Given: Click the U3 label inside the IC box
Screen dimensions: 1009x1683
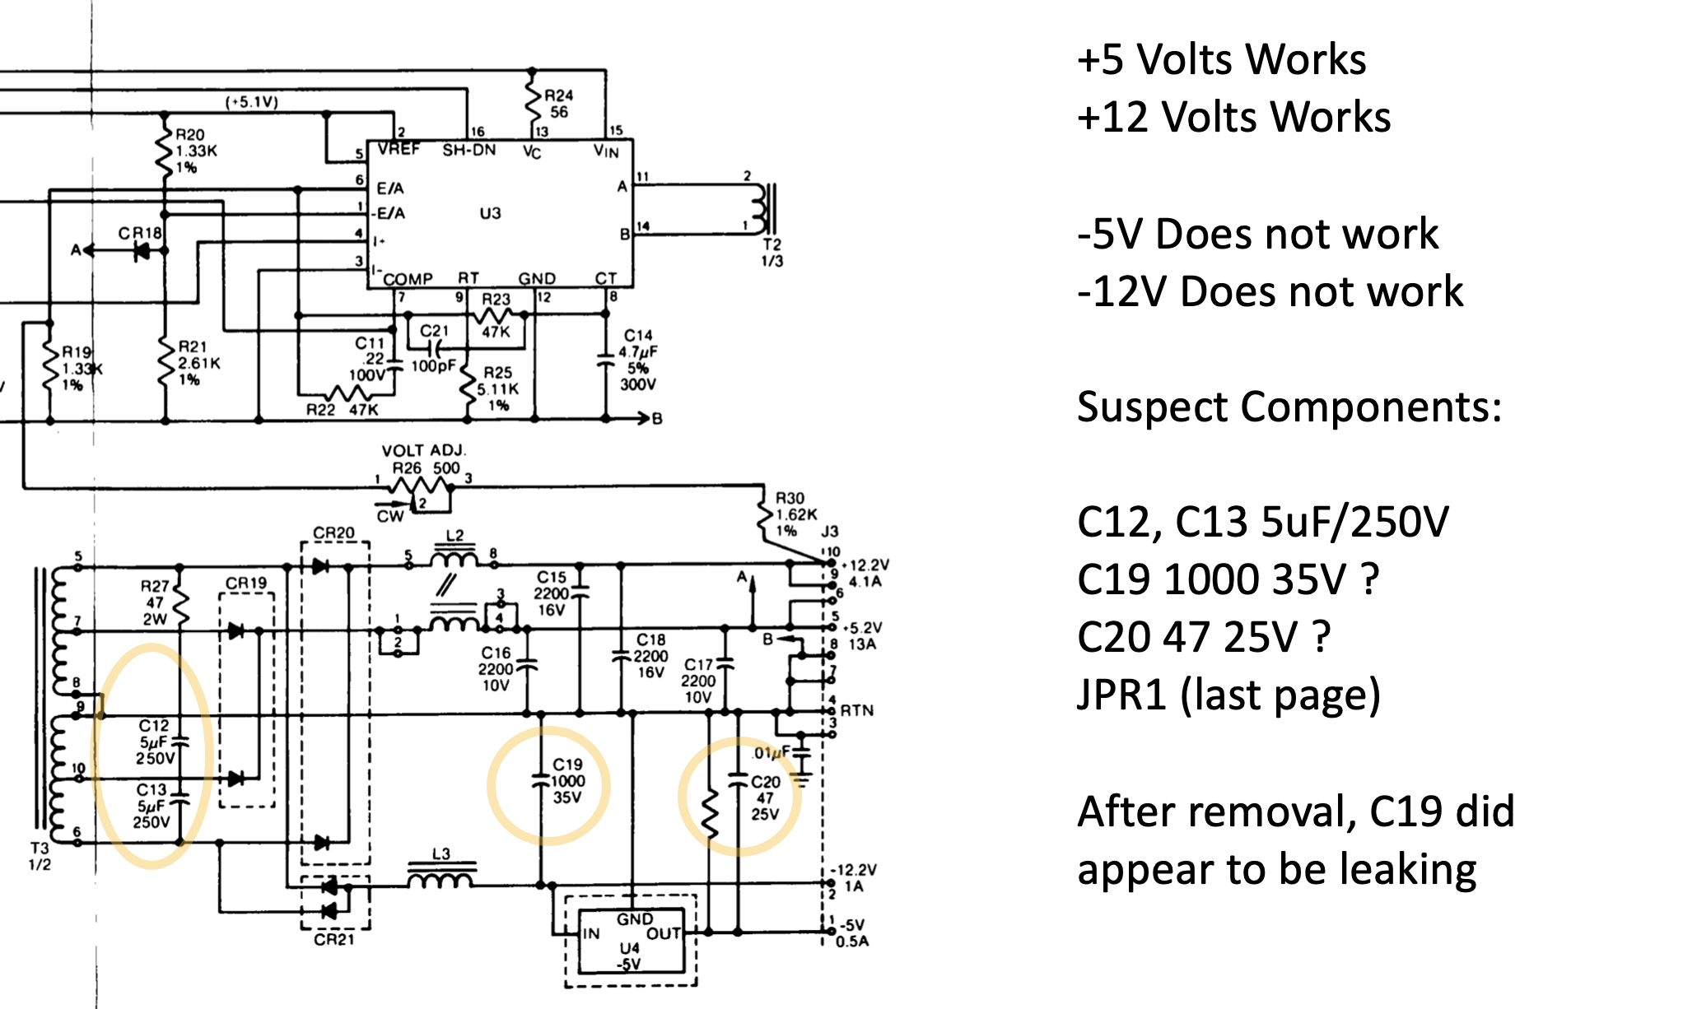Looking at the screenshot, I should [x=490, y=213].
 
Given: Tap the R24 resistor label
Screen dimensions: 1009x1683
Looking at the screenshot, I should [x=558, y=95].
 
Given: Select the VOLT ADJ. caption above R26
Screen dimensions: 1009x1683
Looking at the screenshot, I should [x=423, y=450].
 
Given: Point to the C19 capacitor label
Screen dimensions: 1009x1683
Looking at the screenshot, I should [x=567, y=765].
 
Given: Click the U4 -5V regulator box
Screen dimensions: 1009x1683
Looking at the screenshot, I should [x=632, y=941].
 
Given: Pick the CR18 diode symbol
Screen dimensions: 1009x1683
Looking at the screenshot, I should [x=142, y=251].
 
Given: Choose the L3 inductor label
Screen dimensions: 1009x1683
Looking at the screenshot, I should [x=441, y=854].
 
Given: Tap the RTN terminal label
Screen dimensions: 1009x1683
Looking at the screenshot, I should [x=856, y=710].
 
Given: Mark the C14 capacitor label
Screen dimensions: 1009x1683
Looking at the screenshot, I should [x=638, y=335].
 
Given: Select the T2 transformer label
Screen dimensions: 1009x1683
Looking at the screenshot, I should [x=772, y=244].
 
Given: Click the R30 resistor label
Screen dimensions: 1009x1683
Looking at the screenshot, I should [x=790, y=498].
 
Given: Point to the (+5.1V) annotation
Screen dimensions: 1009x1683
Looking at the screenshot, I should [x=252, y=102].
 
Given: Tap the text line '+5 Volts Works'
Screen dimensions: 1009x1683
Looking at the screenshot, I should [x=1222, y=59].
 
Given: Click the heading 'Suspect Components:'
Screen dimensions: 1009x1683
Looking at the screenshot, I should [x=1289, y=407].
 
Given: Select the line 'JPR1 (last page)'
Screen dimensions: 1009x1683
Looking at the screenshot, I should [x=1228, y=695].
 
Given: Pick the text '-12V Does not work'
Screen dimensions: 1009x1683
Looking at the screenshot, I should [x=1270, y=291].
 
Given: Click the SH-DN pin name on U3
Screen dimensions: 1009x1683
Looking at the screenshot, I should [x=469, y=150].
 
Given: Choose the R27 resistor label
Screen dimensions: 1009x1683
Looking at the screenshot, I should [x=155, y=586].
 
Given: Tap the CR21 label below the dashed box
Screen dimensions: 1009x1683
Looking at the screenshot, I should [x=333, y=939].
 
